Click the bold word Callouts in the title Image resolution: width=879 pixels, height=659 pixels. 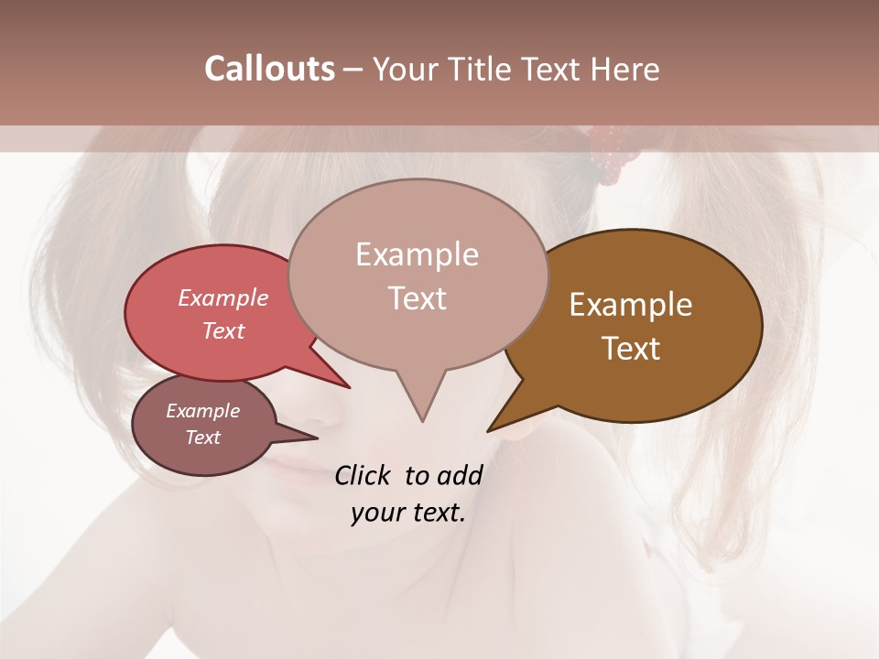269,69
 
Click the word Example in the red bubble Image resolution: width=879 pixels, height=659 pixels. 223,297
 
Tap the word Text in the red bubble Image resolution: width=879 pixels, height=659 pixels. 223,330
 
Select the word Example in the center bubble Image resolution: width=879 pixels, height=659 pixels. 417,254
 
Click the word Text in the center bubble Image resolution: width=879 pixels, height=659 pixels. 417,297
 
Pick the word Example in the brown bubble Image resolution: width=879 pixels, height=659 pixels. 631,305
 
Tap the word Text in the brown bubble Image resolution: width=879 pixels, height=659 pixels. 631,348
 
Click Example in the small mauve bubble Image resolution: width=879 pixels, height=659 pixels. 202,411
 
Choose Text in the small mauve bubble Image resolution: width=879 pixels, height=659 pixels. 202,438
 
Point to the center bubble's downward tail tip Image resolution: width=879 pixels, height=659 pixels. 422,421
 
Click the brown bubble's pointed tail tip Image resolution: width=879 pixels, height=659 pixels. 488,431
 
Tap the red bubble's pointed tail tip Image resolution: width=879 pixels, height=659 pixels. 350,388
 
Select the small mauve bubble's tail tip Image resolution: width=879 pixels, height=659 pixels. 317,437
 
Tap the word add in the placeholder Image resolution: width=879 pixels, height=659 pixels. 460,475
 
